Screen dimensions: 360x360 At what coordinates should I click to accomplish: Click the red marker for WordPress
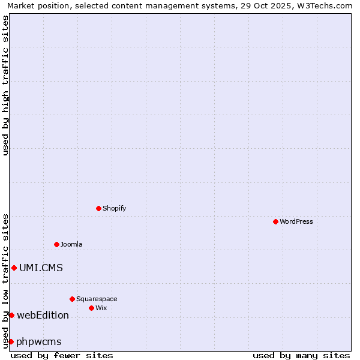pyautogui.click(x=275, y=221)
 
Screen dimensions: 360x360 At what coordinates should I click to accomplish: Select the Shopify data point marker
pyautogui.click(x=98, y=208)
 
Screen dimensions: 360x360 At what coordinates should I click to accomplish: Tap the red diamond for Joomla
pyautogui.click(x=56, y=244)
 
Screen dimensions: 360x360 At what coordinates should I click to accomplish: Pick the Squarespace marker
pyautogui.click(x=72, y=299)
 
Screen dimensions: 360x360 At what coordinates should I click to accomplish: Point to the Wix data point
pyautogui.click(x=91, y=308)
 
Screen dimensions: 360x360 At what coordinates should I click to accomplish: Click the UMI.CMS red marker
pyautogui.click(x=14, y=268)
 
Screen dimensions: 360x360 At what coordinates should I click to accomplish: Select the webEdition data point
pyautogui.click(x=11, y=315)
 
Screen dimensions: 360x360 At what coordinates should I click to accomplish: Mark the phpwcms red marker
pyautogui.click(x=11, y=341)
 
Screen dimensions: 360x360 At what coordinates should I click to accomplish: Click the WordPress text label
pyautogui.click(x=296, y=221)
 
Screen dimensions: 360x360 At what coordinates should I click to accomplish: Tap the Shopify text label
pyautogui.click(x=114, y=208)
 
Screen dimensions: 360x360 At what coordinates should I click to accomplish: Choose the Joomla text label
pyautogui.click(x=71, y=244)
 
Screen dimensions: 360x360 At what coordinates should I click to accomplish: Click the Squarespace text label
pyautogui.click(x=97, y=299)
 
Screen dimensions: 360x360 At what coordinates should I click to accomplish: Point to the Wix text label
pyautogui.click(x=101, y=308)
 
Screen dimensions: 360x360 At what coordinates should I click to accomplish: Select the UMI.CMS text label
pyautogui.click(x=41, y=268)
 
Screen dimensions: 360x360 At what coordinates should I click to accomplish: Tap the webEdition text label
pyautogui.click(x=43, y=315)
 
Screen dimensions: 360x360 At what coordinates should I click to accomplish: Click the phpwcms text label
pyautogui.click(x=39, y=341)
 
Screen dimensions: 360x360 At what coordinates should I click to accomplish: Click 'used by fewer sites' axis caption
pyautogui.click(x=62, y=355)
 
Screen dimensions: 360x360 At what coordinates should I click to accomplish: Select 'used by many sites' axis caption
pyautogui.click(x=301, y=355)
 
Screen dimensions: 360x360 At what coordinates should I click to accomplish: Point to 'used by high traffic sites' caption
pyautogui.click(x=5, y=85)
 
